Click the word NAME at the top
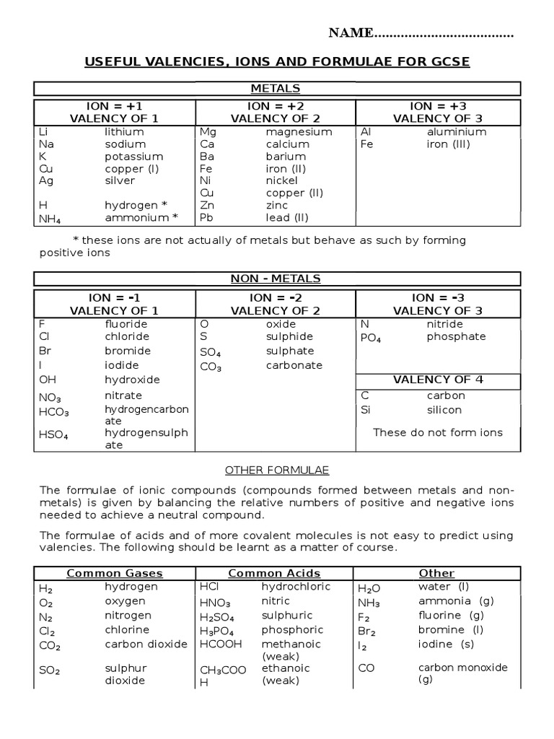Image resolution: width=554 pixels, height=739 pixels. [x=351, y=32]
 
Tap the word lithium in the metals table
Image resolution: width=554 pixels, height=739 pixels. [x=124, y=131]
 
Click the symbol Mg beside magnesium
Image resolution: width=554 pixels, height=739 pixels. [x=208, y=132]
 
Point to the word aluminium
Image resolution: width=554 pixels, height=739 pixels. [x=456, y=131]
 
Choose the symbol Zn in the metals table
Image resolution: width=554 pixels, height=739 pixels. [x=207, y=205]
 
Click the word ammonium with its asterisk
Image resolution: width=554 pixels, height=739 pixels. [x=141, y=217]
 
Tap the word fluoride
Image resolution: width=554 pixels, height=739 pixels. [x=126, y=324]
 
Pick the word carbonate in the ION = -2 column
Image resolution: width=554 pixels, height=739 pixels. [x=294, y=365]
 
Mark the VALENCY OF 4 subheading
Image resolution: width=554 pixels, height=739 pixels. [x=438, y=380]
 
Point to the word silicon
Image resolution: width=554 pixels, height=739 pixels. [x=444, y=410]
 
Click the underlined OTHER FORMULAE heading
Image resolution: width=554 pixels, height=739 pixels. [x=277, y=470]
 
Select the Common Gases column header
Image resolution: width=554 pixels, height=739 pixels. [x=115, y=573]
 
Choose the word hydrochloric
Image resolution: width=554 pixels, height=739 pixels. [x=291, y=586]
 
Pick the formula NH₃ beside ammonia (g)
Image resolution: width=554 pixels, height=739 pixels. [x=369, y=603]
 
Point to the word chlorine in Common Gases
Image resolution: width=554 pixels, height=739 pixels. [x=128, y=629]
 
